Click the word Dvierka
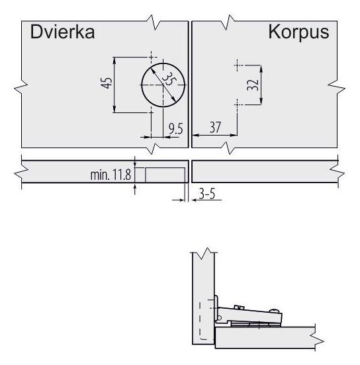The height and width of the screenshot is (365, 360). (x=62, y=32)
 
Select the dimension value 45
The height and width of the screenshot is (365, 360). (x=107, y=83)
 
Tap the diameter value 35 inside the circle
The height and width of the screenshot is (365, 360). (x=169, y=80)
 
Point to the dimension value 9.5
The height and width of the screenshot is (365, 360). (x=175, y=129)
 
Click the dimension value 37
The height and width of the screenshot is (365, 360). (x=215, y=128)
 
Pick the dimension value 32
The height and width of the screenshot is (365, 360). (x=253, y=85)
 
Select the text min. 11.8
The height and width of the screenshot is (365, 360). (x=111, y=175)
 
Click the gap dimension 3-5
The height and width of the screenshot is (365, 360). (x=207, y=194)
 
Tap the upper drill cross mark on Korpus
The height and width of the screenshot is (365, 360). (x=237, y=65)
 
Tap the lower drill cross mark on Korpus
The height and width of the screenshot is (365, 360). (x=237, y=104)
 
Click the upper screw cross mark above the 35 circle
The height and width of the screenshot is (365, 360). (x=152, y=57)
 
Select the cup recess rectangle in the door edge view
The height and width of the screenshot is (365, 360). (x=165, y=175)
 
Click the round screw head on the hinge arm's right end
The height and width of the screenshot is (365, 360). (x=275, y=311)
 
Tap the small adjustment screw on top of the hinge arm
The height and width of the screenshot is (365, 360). (x=239, y=307)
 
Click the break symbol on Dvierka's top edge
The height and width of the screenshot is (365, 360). (x=154, y=22)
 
